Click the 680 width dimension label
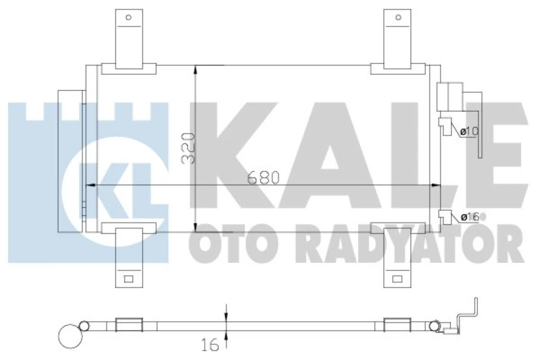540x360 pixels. [263, 177]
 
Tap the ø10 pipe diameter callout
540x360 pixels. [469, 132]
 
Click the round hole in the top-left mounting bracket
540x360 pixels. [130, 18]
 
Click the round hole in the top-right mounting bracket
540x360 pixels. [398, 18]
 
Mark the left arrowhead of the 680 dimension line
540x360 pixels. [88, 186]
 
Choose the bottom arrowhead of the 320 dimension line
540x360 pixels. [196, 226]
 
